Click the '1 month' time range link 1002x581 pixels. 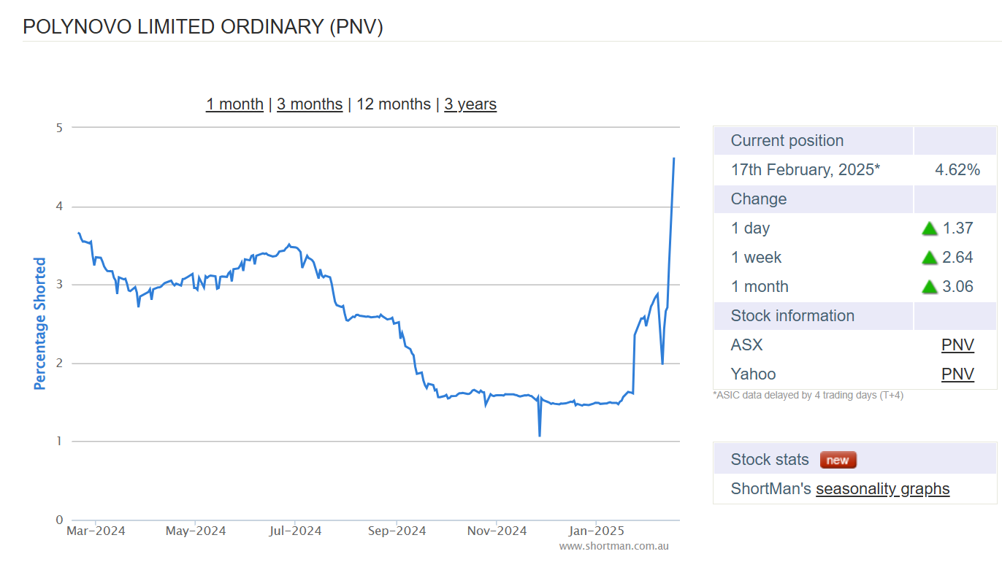click(234, 104)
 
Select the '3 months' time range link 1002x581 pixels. click(310, 104)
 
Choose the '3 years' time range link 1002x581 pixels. click(470, 104)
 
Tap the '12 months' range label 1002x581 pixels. click(394, 104)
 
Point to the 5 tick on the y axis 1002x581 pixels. click(59, 128)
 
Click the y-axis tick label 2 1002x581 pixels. click(59, 363)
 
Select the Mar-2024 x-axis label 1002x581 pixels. click(96, 531)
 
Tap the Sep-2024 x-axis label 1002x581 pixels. click(397, 531)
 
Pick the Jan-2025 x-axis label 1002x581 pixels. click(597, 531)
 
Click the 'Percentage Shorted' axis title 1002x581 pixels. click(40, 323)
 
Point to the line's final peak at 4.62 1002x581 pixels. click(673, 158)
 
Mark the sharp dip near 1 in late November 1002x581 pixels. click(540, 435)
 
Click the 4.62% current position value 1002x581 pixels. click(957, 170)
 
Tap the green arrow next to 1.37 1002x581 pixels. click(930, 228)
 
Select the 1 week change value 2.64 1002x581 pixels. click(958, 258)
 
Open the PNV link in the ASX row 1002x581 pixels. click(957, 345)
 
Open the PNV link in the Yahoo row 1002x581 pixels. click(957, 374)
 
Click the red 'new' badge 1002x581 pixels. click(838, 460)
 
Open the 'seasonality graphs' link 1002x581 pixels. click(882, 489)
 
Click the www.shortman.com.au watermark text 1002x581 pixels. click(613, 546)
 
